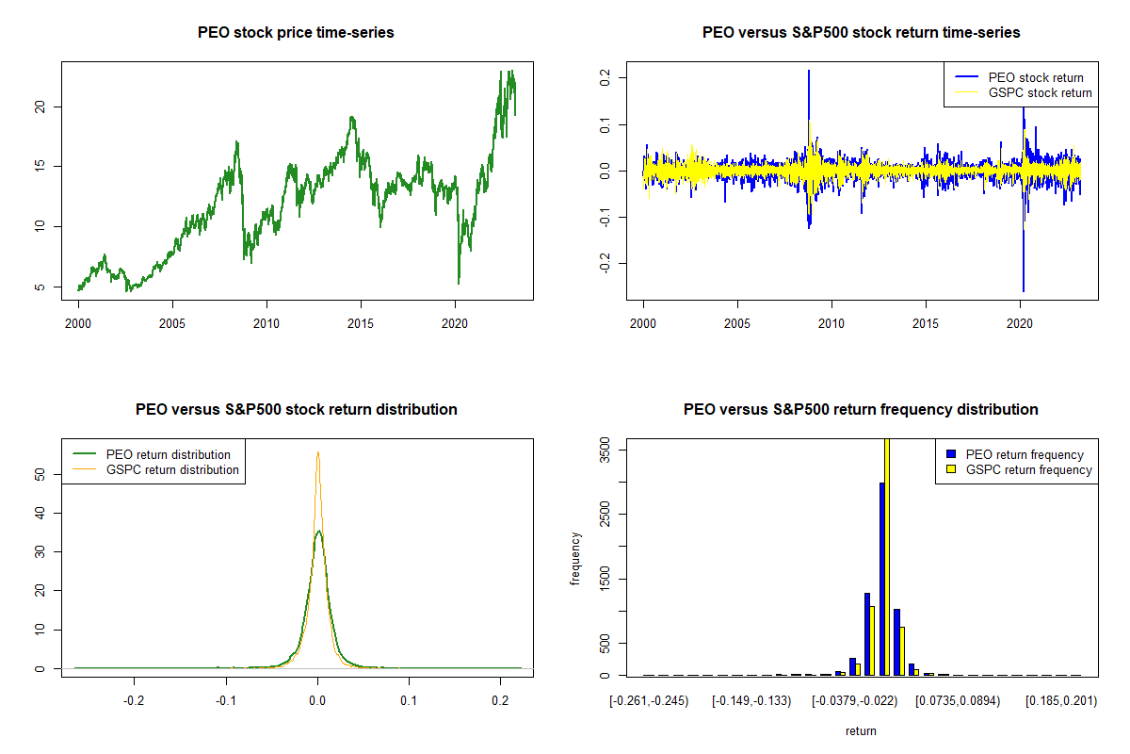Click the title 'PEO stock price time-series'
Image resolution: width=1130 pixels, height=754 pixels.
point(296,33)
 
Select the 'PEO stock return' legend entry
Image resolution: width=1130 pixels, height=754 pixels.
point(1035,77)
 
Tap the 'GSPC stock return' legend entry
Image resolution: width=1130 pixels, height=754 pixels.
point(1040,92)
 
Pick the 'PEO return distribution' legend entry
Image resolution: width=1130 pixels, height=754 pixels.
point(168,454)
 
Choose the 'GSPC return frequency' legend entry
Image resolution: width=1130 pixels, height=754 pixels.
point(1028,469)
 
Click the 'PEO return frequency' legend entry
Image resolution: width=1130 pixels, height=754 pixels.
point(1025,454)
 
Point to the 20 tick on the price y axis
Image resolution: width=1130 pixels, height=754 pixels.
point(41,107)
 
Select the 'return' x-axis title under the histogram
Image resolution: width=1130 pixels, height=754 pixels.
point(861,730)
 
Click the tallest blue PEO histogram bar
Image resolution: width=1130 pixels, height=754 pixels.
point(881,579)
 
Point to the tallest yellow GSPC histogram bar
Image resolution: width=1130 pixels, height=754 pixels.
point(887,556)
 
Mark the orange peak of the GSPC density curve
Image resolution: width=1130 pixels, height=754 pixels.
point(318,452)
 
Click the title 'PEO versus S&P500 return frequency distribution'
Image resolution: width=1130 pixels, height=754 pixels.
point(861,410)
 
